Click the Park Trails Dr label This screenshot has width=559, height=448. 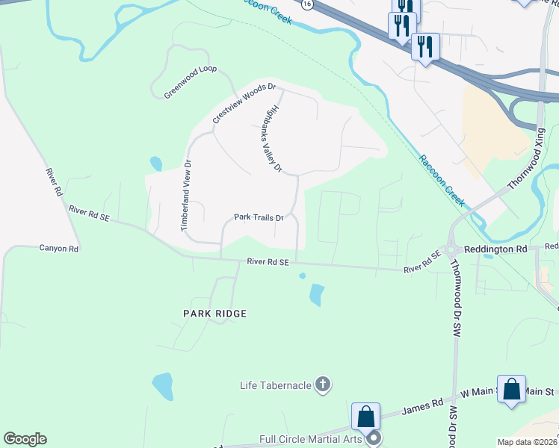coord(259,218)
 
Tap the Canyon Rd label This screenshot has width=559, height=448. coord(59,249)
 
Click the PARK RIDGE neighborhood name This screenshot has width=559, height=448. coord(214,314)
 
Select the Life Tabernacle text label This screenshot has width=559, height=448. coord(274,385)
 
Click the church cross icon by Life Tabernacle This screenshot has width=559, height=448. coord(323,385)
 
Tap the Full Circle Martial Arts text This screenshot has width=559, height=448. coord(310,439)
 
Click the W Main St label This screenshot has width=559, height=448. coord(478,392)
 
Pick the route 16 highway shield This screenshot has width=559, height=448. coord(307,4)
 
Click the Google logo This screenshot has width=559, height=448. coord(25,439)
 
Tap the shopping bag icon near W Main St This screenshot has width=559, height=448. coord(511,390)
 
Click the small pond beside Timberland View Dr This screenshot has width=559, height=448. coord(156,163)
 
